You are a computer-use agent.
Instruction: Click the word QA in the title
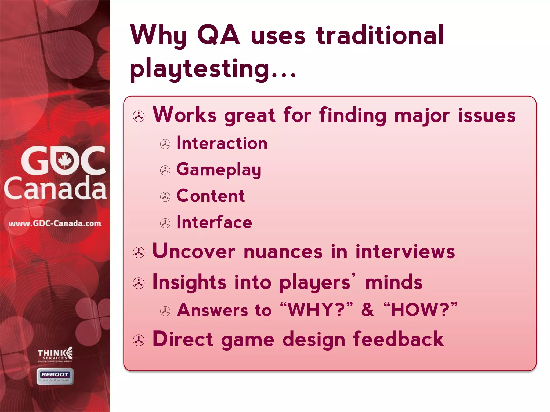218,35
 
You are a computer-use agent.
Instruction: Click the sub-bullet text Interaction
222,143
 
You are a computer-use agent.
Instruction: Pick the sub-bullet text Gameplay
219,170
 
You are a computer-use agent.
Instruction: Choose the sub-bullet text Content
210,196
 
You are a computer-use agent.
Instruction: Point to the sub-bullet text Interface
214,222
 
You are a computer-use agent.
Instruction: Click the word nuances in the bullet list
283,252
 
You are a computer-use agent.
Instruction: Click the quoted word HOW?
420,310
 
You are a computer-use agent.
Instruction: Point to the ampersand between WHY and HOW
367,310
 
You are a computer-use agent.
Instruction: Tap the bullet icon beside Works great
139,116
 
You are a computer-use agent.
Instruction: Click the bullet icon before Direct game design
139,341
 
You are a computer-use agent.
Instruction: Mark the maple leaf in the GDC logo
64,160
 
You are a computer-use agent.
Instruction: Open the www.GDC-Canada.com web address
55,223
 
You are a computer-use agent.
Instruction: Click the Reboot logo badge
55,376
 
